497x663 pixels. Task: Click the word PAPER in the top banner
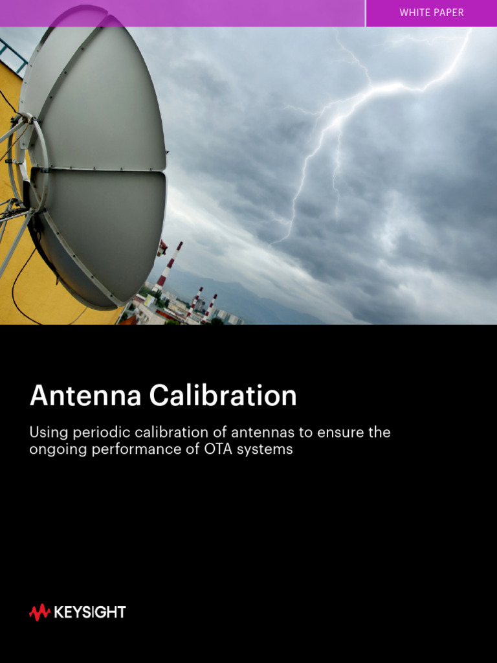point(448,13)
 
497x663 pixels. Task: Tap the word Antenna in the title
point(84,396)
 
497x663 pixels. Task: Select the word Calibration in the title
point(223,396)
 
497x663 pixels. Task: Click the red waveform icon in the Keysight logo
point(39,612)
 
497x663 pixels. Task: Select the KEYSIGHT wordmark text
point(90,612)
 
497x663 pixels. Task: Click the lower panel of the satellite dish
point(104,233)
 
